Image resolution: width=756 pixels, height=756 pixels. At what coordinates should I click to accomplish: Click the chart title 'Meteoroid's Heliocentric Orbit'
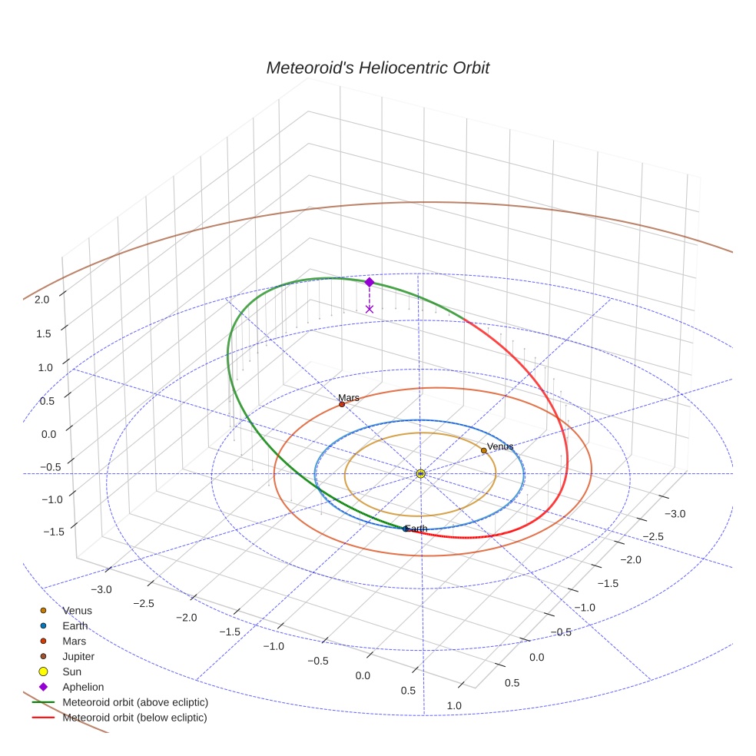coord(377,68)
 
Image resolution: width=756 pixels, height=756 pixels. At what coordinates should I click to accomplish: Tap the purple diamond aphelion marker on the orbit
coord(369,282)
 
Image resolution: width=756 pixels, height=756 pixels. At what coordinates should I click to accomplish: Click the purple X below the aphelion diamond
coord(370,309)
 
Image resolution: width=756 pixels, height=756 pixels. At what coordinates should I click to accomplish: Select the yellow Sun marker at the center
coord(421,473)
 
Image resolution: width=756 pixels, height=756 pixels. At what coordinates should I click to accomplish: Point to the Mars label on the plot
coord(349,398)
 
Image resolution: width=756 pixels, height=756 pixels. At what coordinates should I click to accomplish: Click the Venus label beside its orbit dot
coord(500,446)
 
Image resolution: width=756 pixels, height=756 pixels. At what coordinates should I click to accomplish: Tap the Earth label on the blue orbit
coord(416,529)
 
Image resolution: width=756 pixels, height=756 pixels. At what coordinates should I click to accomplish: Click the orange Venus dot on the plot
coord(483,451)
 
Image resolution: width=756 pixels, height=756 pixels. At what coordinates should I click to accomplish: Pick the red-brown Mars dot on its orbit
coord(342,404)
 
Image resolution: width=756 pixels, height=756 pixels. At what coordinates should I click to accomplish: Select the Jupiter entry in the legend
coord(78,656)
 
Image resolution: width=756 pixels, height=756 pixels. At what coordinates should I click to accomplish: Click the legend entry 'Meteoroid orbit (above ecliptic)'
coord(135,702)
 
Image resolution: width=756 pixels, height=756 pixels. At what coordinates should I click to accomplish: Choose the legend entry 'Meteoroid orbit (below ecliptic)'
coord(135,718)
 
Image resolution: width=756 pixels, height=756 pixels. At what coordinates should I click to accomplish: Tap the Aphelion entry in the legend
coord(83,687)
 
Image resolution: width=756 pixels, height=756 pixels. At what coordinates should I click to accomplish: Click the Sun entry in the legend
coord(71,671)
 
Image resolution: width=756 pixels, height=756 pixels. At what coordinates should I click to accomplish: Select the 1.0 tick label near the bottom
coord(454,705)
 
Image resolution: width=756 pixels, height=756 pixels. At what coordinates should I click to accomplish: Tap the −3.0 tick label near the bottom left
coord(101,590)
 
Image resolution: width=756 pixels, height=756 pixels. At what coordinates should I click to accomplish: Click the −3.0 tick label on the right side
coord(675,513)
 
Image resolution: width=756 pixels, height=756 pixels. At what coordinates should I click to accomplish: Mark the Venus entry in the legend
coord(77,611)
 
